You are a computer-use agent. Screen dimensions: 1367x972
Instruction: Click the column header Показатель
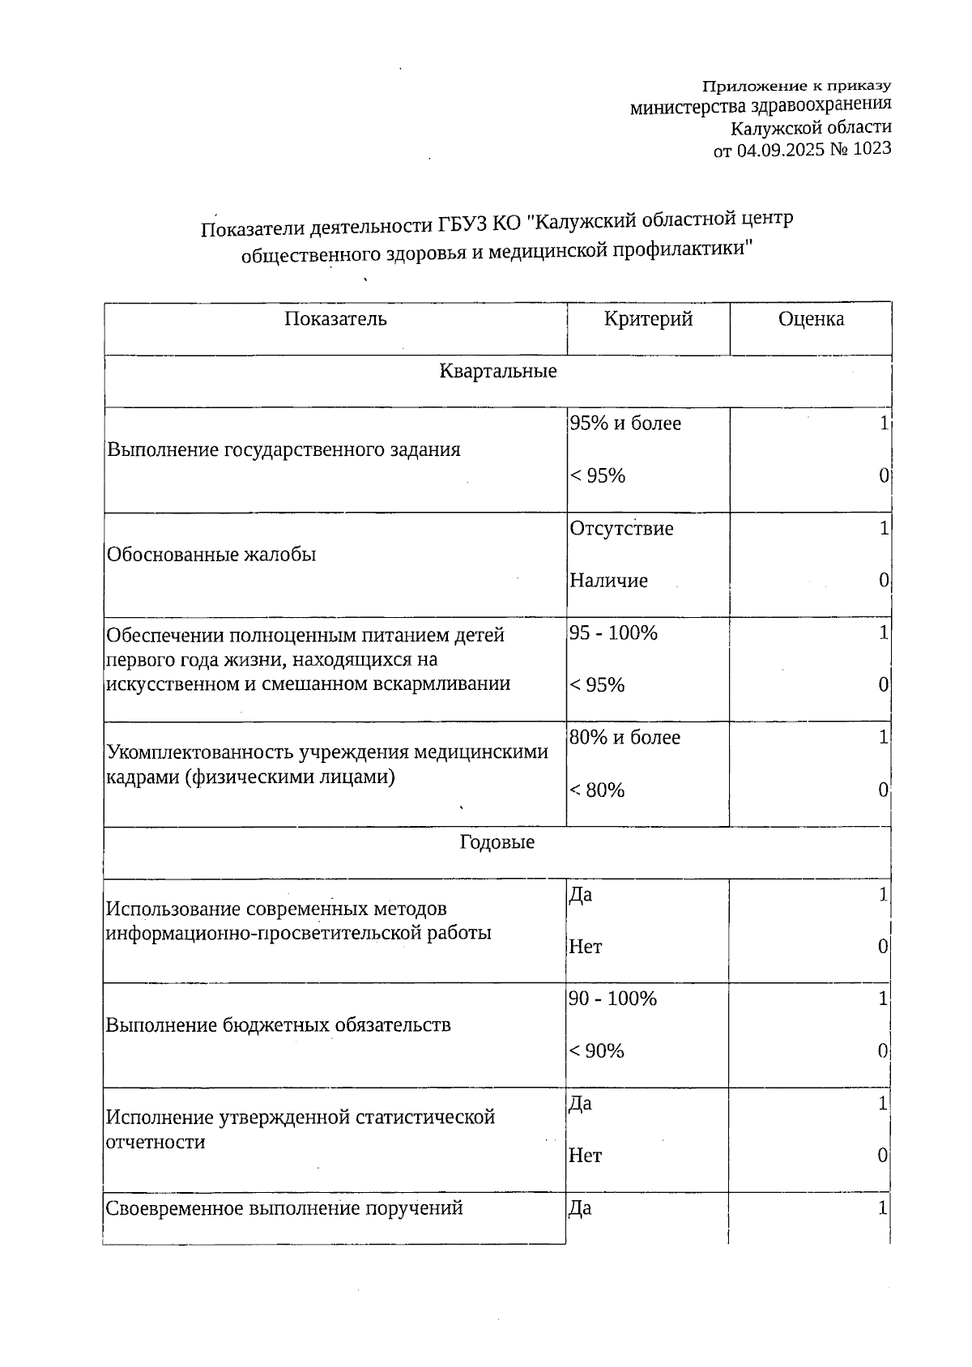click(x=335, y=319)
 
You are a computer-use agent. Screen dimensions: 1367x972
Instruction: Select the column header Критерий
click(x=648, y=319)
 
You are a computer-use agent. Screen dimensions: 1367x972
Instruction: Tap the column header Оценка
click(x=811, y=319)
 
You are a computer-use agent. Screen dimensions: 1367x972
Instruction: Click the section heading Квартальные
click(x=497, y=372)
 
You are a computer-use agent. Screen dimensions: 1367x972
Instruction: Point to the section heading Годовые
click(x=497, y=842)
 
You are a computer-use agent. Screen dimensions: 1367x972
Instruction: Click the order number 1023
click(x=872, y=149)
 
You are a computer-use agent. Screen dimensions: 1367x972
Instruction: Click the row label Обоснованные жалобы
click(x=211, y=555)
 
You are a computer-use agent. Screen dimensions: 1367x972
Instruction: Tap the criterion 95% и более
click(x=625, y=424)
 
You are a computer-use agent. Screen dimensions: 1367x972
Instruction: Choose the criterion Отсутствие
click(x=621, y=529)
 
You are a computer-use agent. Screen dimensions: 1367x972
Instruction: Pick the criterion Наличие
click(x=608, y=581)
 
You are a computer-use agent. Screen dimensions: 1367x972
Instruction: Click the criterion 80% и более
click(x=625, y=738)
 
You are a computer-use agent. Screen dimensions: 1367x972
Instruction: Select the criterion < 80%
click(x=597, y=790)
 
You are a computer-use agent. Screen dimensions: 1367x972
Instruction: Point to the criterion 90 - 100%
click(x=612, y=999)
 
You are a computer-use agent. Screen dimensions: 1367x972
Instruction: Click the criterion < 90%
click(x=596, y=1051)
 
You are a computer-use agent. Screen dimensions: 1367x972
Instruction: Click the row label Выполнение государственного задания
click(x=283, y=449)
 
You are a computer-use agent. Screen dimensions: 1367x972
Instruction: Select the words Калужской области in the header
click(x=810, y=127)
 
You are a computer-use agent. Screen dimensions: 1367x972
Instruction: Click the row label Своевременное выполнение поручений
click(x=284, y=1208)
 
